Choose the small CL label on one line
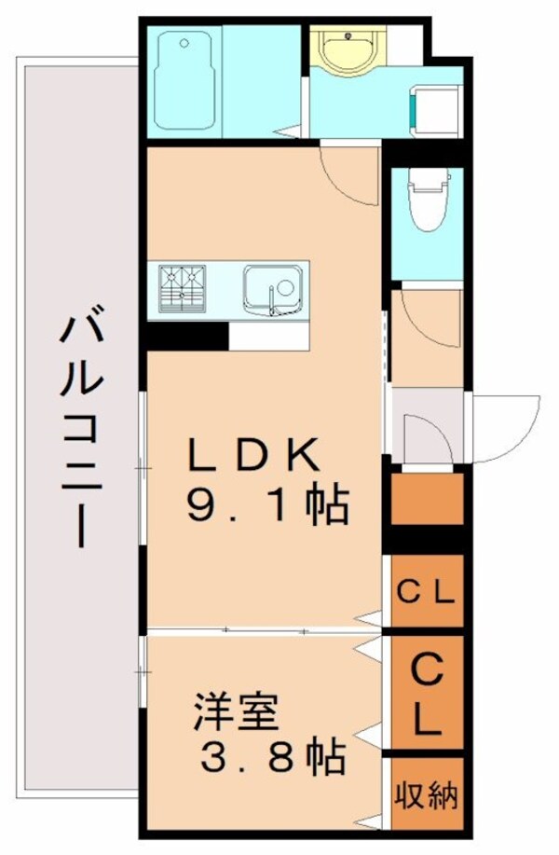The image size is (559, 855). pos(427,592)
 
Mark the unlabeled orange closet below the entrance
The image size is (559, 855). pos(428,500)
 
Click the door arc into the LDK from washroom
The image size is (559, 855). pos(347,172)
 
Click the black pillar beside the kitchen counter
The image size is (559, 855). pos(187,336)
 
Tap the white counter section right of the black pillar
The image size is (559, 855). pos(269,337)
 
